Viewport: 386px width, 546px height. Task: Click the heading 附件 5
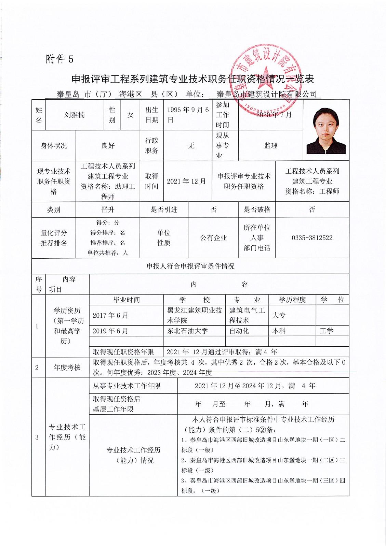point(59,59)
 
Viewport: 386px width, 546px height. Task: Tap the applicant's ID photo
point(326,131)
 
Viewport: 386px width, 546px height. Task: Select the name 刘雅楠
point(74,115)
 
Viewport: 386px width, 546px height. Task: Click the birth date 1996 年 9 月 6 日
point(187,115)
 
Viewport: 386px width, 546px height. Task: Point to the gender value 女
point(130,115)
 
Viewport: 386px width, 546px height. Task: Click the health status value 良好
point(108,146)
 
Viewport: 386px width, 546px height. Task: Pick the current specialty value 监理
point(270,146)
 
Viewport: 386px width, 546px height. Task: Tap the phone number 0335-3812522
point(312,238)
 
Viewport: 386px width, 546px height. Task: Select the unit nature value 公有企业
point(213,238)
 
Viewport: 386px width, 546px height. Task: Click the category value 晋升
point(108,210)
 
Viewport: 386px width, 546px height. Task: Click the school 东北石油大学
point(187,331)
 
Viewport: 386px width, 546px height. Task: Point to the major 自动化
point(239,331)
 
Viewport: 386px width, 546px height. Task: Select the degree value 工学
point(326,331)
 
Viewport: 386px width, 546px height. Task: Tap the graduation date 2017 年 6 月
point(110,315)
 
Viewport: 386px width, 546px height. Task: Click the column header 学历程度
point(292,300)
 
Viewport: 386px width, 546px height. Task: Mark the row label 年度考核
point(67,368)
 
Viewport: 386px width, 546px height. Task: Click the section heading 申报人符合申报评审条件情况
point(190,266)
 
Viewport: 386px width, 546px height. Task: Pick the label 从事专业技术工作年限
point(127,386)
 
